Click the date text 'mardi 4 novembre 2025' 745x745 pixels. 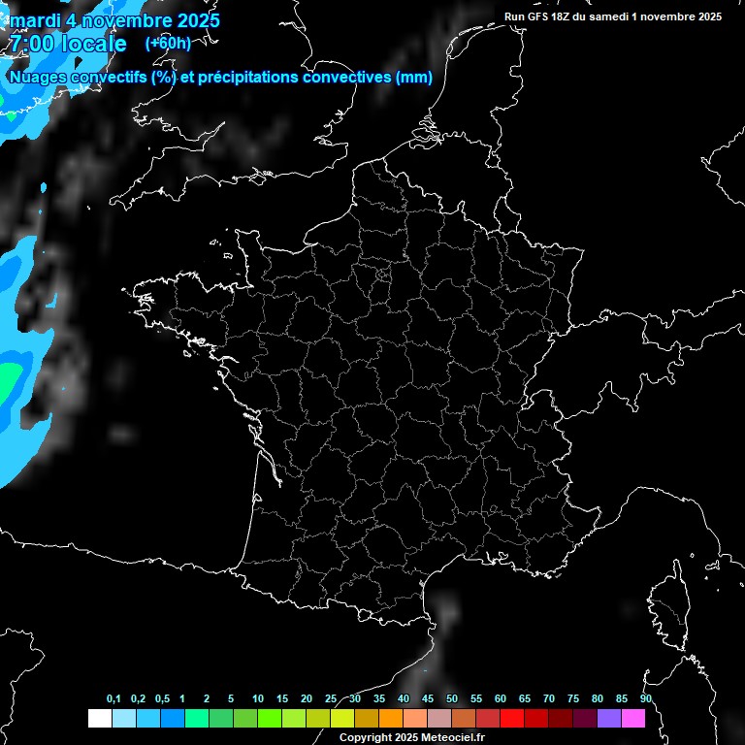[114, 20]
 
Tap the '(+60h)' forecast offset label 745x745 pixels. [168, 43]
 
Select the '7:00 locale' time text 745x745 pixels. [68, 45]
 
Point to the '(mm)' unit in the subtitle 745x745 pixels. [414, 77]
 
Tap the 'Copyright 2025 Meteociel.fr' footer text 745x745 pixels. [412, 737]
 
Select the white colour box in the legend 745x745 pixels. [99, 718]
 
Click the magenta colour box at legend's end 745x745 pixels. [633, 718]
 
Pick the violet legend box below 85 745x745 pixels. [609, 718]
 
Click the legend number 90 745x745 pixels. [645, 698]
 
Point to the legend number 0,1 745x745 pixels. [113, 698]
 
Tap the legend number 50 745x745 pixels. [452, 698]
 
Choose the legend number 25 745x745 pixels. [331, 698]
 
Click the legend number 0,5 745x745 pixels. [162, 698]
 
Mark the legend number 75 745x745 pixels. [572, 698]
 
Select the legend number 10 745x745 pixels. [257, 698]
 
